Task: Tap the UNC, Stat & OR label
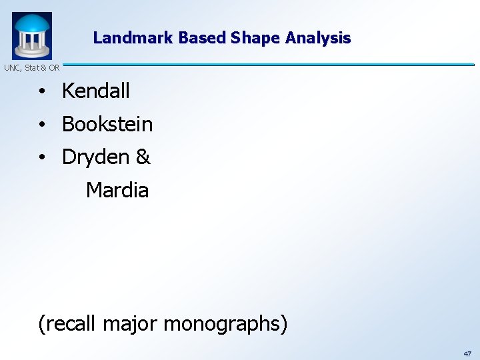[31, 67]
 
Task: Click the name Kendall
[96, 91]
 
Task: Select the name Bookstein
[107, 124]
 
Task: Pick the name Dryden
[95, 157]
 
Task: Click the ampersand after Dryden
[143, 157]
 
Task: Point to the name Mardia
[117, 191]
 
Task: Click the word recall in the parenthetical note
[70, 324]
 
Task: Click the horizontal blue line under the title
[267, 64]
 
